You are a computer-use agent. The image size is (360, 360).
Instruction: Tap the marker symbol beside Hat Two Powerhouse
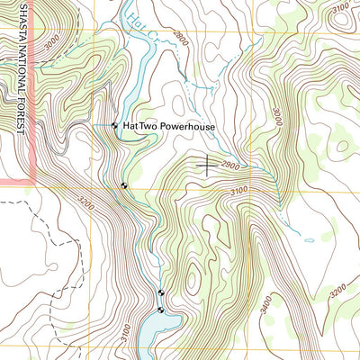point(114,126)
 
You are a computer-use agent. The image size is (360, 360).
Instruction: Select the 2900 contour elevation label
point(229,167)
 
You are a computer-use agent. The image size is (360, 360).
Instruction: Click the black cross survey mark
point(207,163)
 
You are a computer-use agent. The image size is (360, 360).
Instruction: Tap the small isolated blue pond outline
point(309,240)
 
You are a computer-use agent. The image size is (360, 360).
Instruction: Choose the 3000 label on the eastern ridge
point(276,115)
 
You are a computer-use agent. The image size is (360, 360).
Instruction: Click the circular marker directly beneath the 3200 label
point(122,186)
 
